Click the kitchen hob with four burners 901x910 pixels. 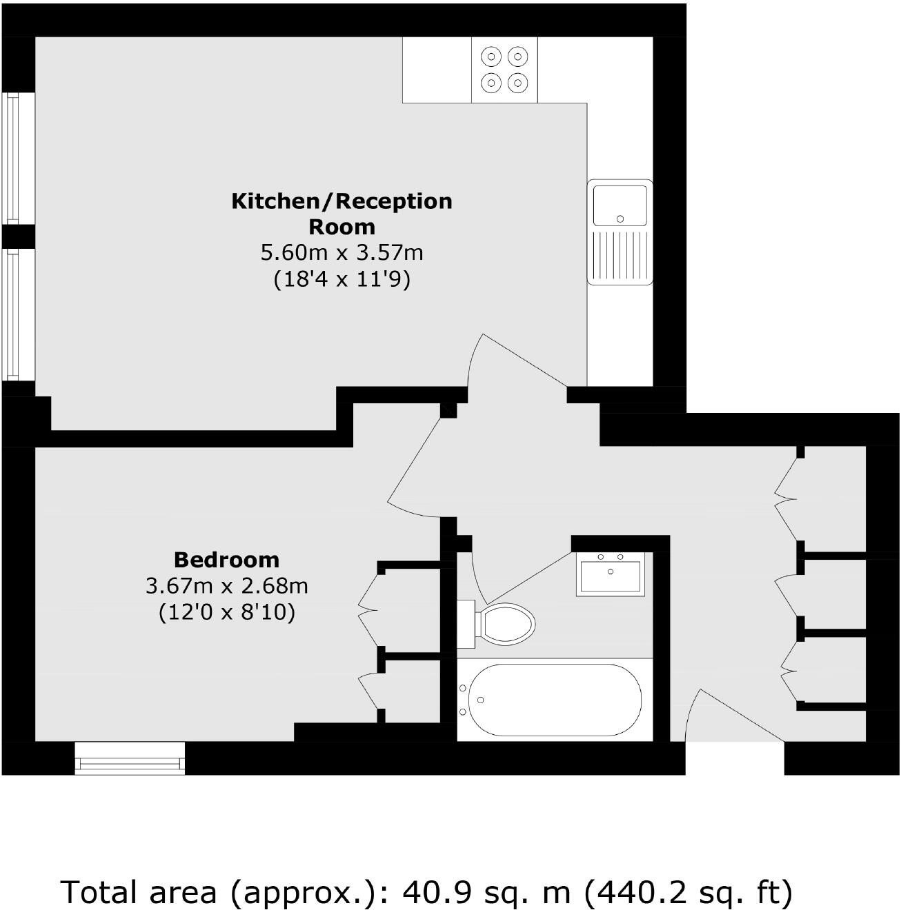(504, 69)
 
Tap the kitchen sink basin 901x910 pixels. (620, 205)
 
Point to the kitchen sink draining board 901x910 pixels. (620, 255)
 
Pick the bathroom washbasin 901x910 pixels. (611, 574)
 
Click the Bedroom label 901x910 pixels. (226, 559)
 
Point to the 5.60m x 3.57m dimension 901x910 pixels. (341, 253)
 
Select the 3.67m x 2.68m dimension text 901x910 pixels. (226, 586)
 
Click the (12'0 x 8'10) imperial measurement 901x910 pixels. (226, 612)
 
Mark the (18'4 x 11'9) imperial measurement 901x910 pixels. (341, 279)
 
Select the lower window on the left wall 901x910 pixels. (12, 314)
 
